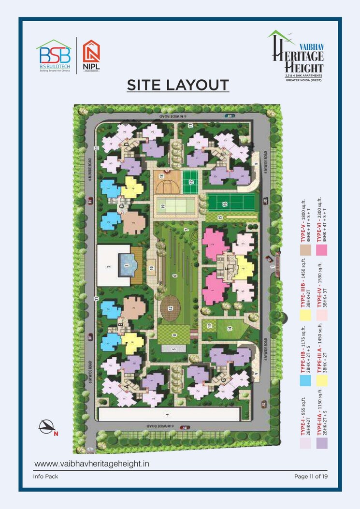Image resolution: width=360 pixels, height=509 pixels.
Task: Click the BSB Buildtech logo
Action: (54, 56)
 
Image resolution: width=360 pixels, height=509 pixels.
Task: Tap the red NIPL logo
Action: (91, 55)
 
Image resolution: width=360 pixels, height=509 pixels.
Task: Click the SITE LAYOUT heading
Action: (177, 85)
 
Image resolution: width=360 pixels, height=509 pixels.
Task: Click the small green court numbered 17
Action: (191, 182)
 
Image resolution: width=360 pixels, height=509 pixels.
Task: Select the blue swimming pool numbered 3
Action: (126, 264)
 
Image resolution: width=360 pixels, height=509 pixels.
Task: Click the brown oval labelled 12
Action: (170, 308)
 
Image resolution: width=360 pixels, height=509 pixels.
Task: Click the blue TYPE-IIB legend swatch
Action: (305, 380)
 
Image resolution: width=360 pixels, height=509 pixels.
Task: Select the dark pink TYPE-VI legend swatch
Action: (321, 249)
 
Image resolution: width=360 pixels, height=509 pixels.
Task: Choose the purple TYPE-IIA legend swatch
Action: (321, 443)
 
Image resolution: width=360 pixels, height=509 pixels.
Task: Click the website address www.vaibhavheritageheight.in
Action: (92, 464)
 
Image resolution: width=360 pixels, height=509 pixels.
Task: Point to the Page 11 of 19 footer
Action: (311, 477)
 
